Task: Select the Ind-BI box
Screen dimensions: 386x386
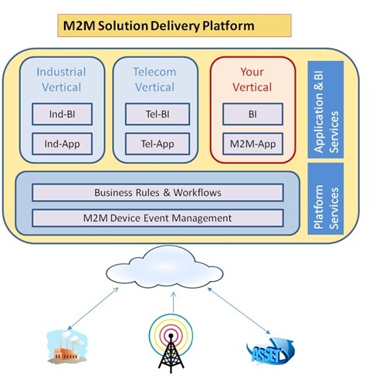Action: coord(62,114)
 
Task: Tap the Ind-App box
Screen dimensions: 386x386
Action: coord(62,144)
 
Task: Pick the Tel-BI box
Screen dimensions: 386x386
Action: coord(157,114)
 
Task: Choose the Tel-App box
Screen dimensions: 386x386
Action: coord(157,144)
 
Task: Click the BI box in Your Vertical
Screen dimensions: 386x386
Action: coord(252,114)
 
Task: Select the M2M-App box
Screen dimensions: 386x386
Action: coord(252,144)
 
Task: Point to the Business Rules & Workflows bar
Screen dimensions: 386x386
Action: coord(157,192)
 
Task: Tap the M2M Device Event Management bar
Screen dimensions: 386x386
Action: coord(157,218)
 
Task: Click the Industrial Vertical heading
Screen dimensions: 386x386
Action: coord(62,80)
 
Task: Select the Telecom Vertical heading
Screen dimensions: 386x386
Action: coord(154,80)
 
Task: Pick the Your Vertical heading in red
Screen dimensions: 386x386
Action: coord(252,80)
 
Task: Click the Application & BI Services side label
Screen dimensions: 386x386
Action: coord(326,110)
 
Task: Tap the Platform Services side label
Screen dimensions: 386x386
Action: coord(326,198)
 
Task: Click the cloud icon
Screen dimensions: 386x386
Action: coord(164,268)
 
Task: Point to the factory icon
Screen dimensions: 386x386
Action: coord(67,347)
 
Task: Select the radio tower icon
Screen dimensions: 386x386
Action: coord(171,344)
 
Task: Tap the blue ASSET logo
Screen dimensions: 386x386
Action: coord(269,350)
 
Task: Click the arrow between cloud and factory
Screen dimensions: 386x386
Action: coord(93,309)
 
